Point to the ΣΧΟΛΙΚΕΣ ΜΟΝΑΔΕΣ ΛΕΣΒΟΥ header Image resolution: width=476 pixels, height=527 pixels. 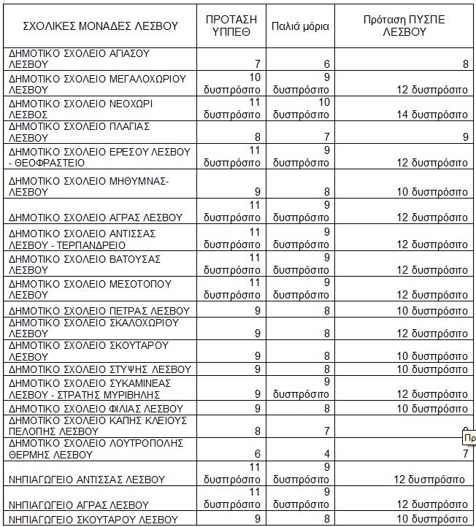(101, 26)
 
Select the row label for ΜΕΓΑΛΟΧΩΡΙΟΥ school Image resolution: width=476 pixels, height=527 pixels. (97, 83)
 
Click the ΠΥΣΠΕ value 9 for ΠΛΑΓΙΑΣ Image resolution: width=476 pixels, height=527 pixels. (465, 136)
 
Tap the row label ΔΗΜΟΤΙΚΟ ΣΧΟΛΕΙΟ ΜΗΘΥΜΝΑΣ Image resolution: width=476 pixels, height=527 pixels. (88, 185)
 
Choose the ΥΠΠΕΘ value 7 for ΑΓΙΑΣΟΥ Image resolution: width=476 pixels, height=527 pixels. (258, 65)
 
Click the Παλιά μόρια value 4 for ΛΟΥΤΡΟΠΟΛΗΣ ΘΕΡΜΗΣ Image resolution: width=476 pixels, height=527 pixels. (326, 454)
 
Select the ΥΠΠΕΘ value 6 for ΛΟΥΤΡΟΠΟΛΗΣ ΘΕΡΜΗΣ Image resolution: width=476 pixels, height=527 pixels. (258, 454)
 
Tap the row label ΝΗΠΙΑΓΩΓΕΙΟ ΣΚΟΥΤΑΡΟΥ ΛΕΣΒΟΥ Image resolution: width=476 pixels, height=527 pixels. (93, 519)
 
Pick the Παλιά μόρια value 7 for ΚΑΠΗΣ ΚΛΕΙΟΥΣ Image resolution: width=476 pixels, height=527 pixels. (326, 431)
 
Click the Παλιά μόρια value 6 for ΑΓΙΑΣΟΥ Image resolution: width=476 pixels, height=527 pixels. (326, 65)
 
